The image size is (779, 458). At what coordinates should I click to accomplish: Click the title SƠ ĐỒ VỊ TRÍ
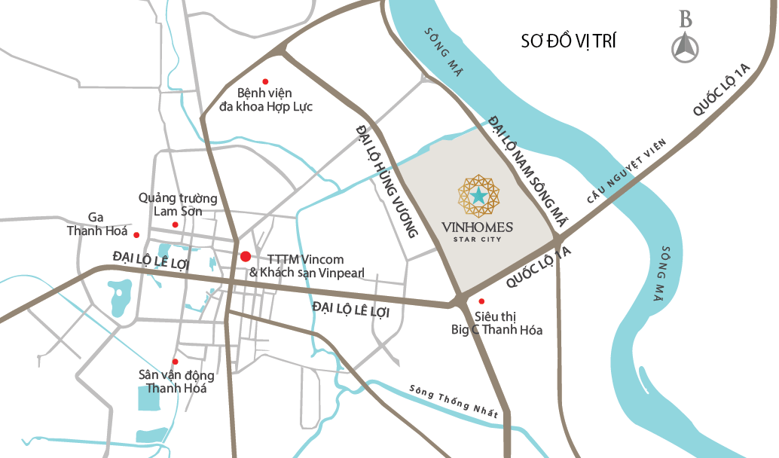tap(568, 41)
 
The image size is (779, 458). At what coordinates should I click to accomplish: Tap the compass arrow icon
tap(685, 49)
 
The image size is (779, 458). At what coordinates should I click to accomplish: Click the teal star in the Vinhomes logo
tap(479, 196)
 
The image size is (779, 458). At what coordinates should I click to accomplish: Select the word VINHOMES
tap(478, 227)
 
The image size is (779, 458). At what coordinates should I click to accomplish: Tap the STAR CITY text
tap(478, 240)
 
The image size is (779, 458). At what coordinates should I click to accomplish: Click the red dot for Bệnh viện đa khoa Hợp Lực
tap(264, 81)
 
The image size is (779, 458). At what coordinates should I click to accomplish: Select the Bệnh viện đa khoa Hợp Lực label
tap(264, 100)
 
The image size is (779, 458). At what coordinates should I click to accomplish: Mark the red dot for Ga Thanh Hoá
tap(136, 234)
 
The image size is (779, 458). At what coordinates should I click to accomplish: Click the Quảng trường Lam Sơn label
tap(178, 205)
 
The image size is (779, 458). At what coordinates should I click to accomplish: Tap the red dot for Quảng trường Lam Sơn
tap(176, 224)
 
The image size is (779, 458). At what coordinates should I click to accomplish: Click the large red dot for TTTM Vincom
tap(245, 257)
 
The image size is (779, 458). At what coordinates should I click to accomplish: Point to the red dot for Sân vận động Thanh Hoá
tap(176, 362)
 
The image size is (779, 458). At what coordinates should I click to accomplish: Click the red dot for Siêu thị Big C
tap(481, 301)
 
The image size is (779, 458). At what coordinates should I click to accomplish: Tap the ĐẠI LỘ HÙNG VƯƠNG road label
tap(386, 181)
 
